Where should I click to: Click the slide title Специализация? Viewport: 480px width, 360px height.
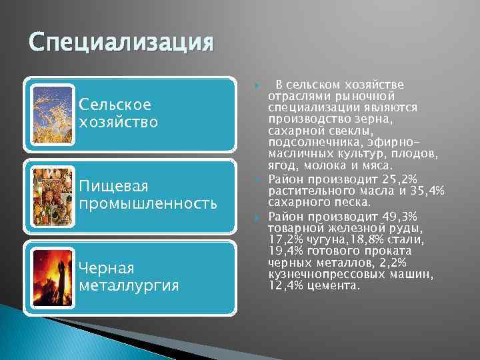pos(121,45)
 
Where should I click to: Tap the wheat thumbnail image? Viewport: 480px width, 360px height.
pos(52,113)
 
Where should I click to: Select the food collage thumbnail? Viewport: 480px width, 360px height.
pos(52,194)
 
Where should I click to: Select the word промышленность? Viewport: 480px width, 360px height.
pos(148,203)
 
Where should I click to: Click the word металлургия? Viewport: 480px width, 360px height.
pos(129,285)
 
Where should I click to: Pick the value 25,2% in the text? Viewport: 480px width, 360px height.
pos(400,181)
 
